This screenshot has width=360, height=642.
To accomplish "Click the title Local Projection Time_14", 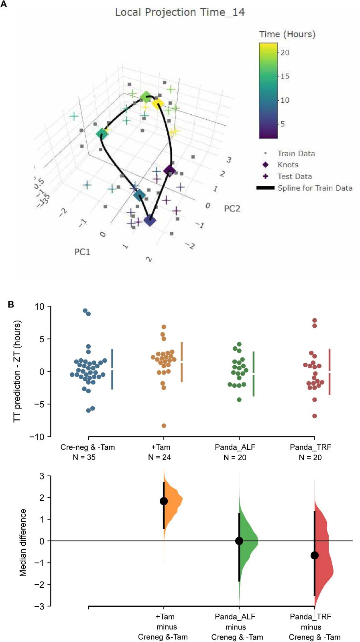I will (180, 12).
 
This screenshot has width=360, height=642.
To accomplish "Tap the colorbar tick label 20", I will (285, 53).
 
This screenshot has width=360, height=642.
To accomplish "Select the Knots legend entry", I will (288, 165).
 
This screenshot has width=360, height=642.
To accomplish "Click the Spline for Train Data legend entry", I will (315, 188).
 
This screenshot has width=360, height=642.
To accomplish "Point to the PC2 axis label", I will (232, 208).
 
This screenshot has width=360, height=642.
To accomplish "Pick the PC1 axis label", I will (82, 252).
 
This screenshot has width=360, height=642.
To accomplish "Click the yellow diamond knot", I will (158, 104).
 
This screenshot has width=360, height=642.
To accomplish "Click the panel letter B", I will (11, 304).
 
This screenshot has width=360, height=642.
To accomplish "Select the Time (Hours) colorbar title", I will (287, 35).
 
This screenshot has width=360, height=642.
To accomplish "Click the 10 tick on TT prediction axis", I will (39, 307).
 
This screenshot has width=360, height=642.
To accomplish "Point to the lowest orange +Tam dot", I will (164, 426).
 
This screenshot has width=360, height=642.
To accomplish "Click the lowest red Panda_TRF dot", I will (315, 416).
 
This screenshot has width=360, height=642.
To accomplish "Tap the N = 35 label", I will (84, 457).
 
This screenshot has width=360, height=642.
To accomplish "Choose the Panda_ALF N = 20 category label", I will (235, 452).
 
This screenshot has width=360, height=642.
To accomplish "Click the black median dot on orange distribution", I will (164, 501).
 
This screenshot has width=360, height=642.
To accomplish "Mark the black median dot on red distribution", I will (315, 555).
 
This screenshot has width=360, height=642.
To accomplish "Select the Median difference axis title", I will (23, 542).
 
